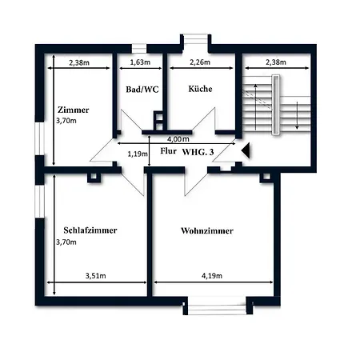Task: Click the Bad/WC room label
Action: click(142, 90)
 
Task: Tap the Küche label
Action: click(200, 89)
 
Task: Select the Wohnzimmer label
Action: click(207, 230)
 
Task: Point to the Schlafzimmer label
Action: click(90, 230)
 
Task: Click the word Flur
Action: click(168, 151)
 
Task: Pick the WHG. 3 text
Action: click(198, 152)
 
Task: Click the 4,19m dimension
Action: click(212, 276)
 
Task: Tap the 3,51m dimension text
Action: click(95, 276)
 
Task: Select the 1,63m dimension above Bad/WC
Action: click(140, 62)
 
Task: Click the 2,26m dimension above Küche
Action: click(200, 62)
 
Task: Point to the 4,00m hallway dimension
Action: click(178, 139)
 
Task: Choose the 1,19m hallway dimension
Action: click(138, 154)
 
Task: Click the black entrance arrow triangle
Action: click(246, 150)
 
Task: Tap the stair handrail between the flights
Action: click(276, 105)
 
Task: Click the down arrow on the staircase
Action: click(297, 115)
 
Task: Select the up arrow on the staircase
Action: click(256, 107)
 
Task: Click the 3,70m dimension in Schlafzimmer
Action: click(66, 242)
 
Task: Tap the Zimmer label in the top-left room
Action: click(74, 110)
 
